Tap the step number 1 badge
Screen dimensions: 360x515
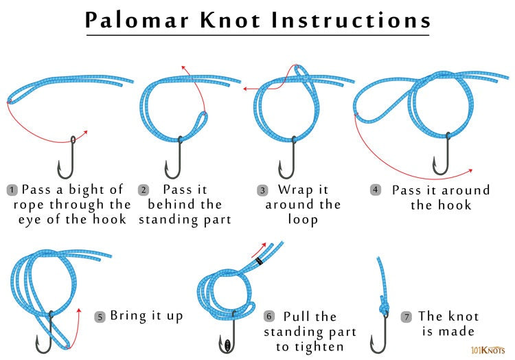(x=12, y=189)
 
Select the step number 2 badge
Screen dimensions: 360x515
(x=144, y=189)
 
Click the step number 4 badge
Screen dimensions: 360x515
(x=375, y=189)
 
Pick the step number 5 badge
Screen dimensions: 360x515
(x=100, y=317)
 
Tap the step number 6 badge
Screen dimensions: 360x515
(x=269, y=317)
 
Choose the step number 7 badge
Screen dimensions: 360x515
(x=407, y=317)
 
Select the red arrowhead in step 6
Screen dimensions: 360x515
(x=264, y=243)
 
